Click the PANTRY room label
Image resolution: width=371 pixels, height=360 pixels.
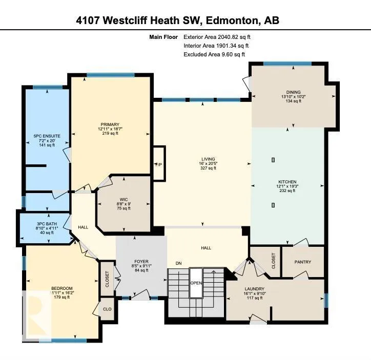pos(303,262)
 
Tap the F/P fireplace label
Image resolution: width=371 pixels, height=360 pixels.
pos(159,164)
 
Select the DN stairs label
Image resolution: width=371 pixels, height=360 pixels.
pos(179,263)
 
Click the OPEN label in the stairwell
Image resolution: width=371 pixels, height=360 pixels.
pos(196,283)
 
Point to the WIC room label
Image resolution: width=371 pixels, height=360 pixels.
pos(123,200)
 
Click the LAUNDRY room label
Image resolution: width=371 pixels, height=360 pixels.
pos(254,289)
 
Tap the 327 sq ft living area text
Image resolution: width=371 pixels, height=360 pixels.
pos(208,168)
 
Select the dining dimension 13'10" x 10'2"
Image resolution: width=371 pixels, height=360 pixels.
pos(294,97)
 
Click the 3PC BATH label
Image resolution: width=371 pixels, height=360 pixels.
pos(47,224)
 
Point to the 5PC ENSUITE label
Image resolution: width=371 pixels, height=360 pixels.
pos(47,136)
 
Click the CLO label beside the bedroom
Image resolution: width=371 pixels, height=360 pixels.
pos(107,309)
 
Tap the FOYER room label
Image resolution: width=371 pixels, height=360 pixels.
pos(141,262)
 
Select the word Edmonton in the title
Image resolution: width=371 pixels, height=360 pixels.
pos(232,20)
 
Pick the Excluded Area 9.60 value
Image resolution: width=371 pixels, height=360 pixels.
pos(227,54)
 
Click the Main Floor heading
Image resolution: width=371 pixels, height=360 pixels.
pos(163,37)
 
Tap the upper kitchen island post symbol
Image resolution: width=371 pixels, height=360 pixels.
pos(273,160)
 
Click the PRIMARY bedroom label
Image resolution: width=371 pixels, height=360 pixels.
pos(110,124)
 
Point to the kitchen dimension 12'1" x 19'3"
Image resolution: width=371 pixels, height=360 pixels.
pos(287,186)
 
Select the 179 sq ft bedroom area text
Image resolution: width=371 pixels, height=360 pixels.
pos(62,297)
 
